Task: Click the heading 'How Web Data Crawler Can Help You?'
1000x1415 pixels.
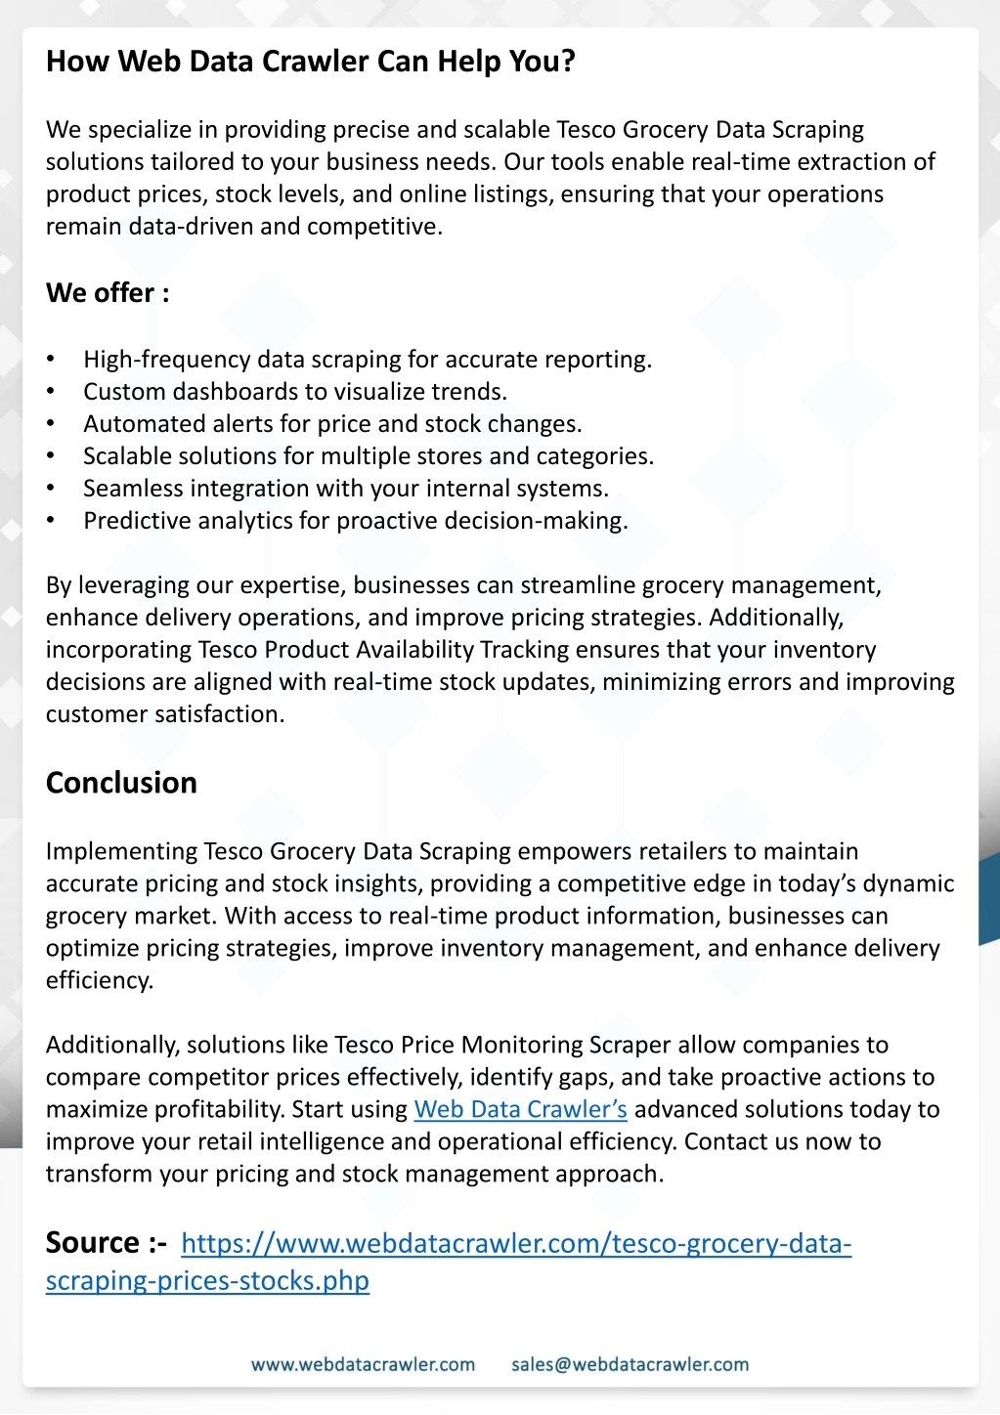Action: point(310,62)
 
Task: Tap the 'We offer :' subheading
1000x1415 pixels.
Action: point(108,293)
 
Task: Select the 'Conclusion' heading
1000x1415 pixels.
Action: point(121,783)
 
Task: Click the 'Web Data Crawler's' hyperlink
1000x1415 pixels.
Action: point(520,1109)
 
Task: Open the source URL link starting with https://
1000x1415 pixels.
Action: point(516,1244)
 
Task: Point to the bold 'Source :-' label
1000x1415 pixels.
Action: point(107,1243)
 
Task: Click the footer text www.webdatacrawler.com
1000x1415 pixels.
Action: point(363,1364)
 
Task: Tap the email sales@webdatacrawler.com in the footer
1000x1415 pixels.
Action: point(630,1364)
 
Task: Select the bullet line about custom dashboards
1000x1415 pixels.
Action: point(294,392)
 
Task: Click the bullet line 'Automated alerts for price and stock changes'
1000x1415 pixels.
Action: point(332,424)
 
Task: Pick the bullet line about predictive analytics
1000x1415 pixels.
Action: point(355,521)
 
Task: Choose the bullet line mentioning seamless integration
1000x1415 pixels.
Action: point(345,489)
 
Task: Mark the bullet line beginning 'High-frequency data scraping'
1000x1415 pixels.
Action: point(367,360)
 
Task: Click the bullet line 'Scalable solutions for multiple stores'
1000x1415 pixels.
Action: point(368,456)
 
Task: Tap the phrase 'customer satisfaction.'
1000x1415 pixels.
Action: point(165,714)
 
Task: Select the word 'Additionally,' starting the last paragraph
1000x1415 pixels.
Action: point(112,1045)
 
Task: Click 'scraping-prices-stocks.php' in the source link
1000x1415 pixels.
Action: point(207,1281)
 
